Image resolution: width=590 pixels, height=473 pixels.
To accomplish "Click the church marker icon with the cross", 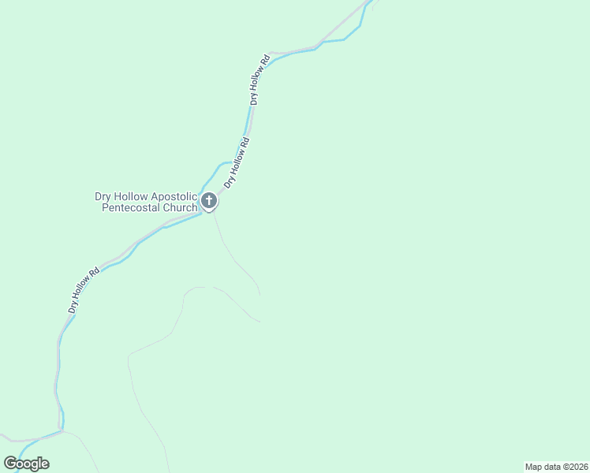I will coord(208,201).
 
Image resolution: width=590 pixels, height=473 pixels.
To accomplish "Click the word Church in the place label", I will coord(179,208).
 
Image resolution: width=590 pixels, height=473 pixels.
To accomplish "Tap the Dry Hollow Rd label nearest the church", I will coord(237,162).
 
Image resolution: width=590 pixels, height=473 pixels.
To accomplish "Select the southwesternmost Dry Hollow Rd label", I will coord(84,290).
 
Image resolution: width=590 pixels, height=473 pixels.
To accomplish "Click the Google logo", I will coord(26,464).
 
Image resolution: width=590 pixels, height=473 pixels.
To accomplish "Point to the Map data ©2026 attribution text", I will coord(555,467).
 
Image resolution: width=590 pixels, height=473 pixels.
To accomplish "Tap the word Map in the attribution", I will coord(533,467).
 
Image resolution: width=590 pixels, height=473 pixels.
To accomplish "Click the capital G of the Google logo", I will coord(10,464).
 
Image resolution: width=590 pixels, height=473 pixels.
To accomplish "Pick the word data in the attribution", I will coord(551,467).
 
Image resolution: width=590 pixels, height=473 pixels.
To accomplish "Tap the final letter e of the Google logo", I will coord(44,464).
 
